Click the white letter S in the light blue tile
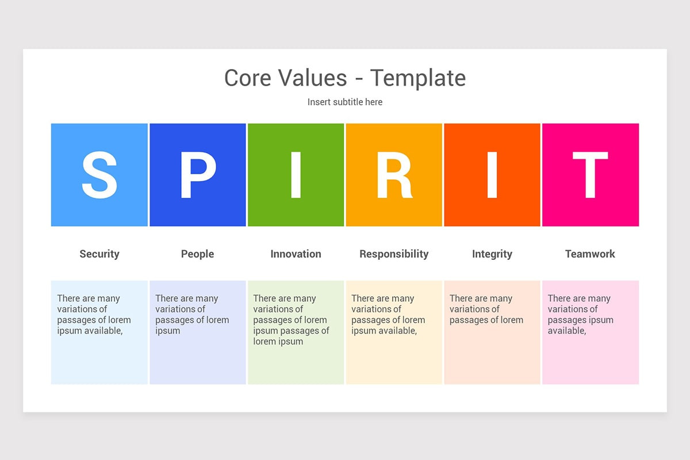pyautogui.click(x=99, y=175)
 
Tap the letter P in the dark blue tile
pyautogui.click(x=197, y=175)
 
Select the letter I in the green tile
pyautogui.click(x=296, y=175)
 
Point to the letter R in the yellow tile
pyautogui.click(x=394, y=175)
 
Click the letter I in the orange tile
pyautogui.click(x=492, y=175)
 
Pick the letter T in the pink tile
pyautogui.click(x=590, y=175)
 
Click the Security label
pyautogui.click(x=99, y=254)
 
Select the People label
pyautogui.click(x=197, y=254)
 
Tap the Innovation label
pyautogui.click(x=296, y=254)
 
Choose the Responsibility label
pyautogui.click(x=394, y=254)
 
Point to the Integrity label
pyautogui.click(x=492, y=254)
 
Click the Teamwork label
pyautogui.click(x=590, y=254)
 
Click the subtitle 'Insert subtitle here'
pyautogui.click(x=345, y=102)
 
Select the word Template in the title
pyautogui.click(x=417, y=78)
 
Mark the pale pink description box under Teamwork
pyautogui.click(x=591, y=356)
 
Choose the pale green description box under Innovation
pyautogui.click(x=296, y=365)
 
